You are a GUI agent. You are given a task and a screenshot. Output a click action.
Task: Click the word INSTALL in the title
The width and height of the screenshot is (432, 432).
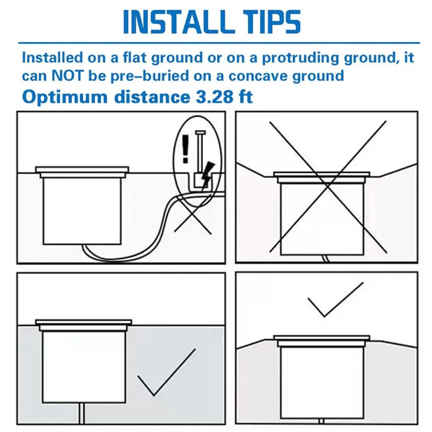point(177,22)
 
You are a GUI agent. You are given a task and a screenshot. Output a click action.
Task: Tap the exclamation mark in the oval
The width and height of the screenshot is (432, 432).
point(185,149)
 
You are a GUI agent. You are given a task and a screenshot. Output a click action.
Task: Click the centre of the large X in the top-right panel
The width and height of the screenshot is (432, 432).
point(328,187)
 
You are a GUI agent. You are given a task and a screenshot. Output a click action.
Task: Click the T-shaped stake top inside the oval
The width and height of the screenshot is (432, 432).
point(200,133)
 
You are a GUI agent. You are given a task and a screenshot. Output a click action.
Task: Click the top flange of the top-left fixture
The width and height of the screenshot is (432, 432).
point(82,169)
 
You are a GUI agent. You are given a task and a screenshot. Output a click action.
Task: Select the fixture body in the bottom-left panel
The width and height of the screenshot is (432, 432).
point(84,367)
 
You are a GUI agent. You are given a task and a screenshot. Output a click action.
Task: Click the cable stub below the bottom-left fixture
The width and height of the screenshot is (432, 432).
point(82,413)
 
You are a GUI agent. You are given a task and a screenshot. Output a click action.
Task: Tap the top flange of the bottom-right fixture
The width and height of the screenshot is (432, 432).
point(321,338)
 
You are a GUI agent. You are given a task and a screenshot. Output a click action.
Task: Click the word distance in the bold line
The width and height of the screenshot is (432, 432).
point(152,97)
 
